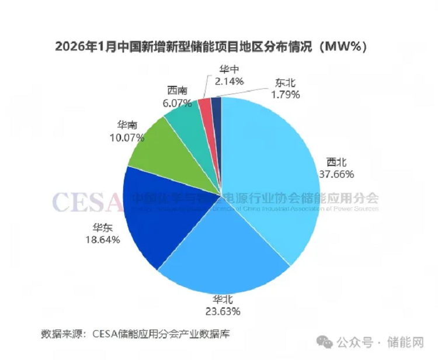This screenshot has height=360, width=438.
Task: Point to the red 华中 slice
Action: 205,106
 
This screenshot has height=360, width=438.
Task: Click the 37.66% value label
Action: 336,174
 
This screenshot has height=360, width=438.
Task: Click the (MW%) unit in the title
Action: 341,46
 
